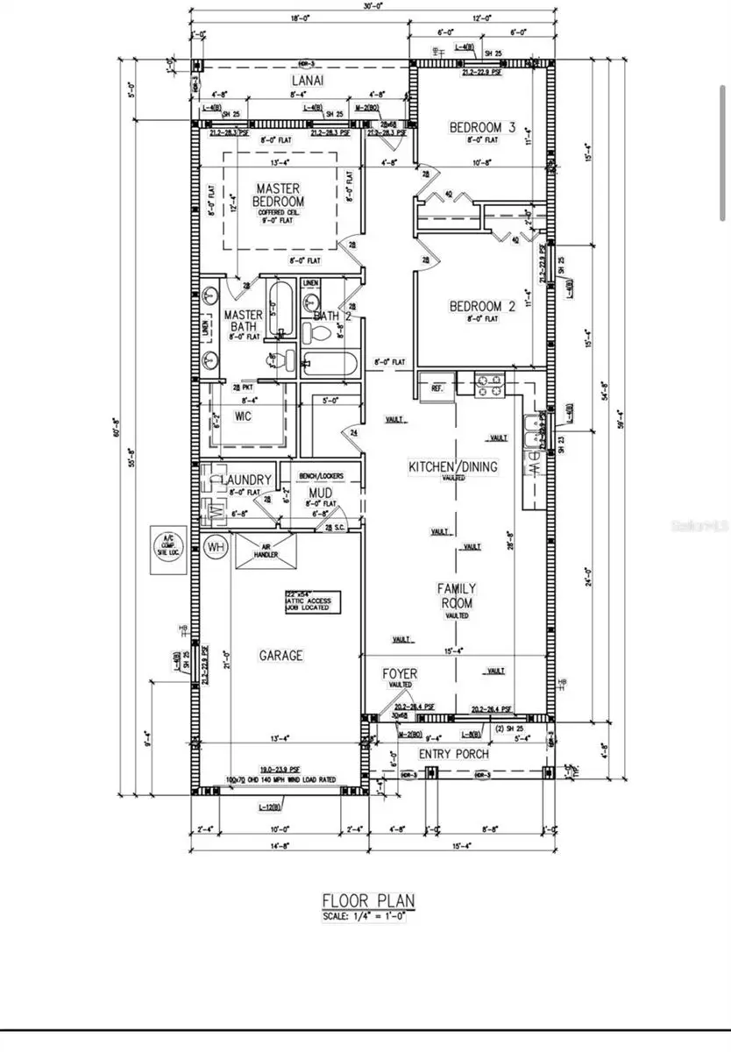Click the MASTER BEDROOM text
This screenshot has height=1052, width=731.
pyautogui.click(x=279, y=195)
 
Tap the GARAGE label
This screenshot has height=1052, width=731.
pyautogui.click(x=280, y=655)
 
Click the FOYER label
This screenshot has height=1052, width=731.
pyautogui.click(x=400, y=673)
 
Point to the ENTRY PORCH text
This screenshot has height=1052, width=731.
pyautogui.click(x=453, y=754)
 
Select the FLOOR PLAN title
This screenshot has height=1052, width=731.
pyautogui.click(x=368, y=900)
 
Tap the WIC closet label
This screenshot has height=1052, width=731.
pyautogui.click(x=243, y=416)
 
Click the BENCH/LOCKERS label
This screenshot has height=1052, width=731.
pyautogui.click(x=321, y=476)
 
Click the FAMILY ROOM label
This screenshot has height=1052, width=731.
pyautogui.click(x=456, y=595)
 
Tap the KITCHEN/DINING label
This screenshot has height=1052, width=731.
pyautogui.click(x=453, y=467)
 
